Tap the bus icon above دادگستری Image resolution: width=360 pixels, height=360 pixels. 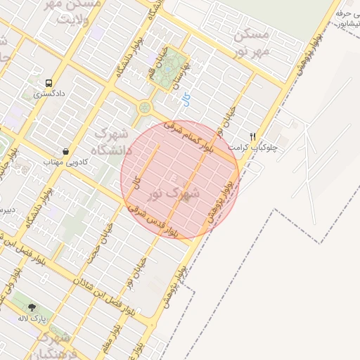49,82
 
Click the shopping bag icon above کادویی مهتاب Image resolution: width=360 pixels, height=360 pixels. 65,151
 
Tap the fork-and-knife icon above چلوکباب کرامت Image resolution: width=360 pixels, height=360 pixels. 253,136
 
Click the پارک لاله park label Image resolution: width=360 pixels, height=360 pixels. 32,318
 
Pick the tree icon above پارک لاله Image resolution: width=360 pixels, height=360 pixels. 32,307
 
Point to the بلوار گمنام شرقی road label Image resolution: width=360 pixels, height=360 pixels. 188,136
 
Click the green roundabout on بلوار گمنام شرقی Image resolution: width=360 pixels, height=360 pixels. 145,108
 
